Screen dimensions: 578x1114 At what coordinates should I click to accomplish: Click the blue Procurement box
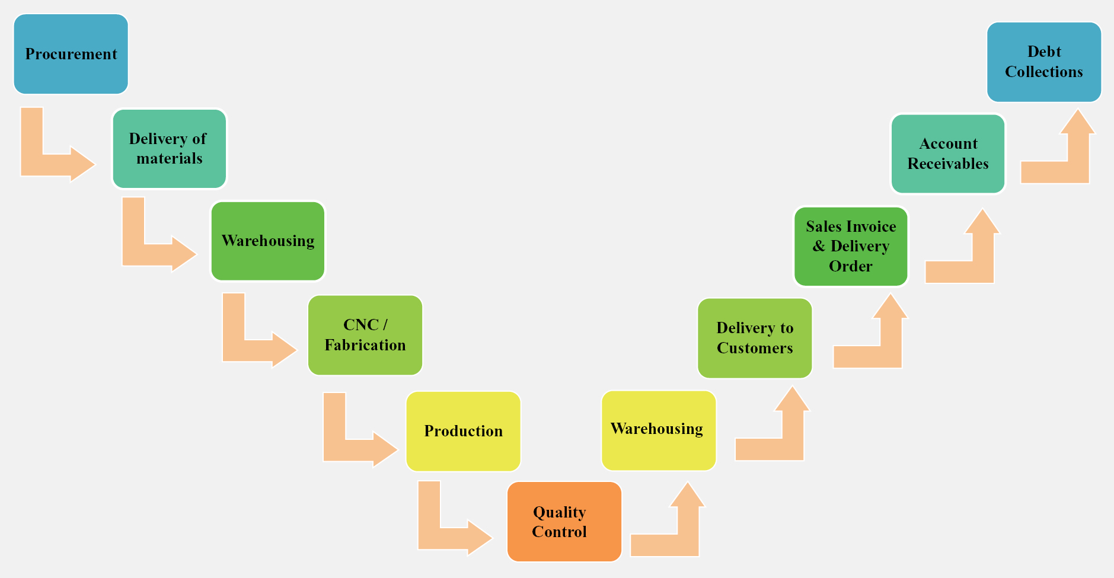pos(71,54)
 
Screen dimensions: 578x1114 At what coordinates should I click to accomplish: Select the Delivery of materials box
pos(169,148)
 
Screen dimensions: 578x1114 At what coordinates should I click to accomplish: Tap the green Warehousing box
pos(268,241)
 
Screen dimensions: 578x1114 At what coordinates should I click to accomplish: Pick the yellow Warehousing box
pos(658,430)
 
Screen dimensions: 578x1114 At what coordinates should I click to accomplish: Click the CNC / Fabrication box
pos(365,335)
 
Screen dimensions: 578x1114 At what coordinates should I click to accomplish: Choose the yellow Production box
pos(463,431)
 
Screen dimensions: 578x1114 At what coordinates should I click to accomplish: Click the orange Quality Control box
pos(564,522)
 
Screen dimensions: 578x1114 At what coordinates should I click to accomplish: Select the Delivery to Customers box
pos(755,338)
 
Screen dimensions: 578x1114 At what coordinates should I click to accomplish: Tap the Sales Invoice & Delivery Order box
pos(851,246)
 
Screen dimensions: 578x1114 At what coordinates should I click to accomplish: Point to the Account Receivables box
pos(948,154)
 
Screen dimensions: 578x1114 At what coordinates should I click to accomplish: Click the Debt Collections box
pos(1044,62)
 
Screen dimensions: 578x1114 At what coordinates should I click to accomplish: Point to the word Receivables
pos(948,164)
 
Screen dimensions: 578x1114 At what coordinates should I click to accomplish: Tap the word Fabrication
pos(365,345)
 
